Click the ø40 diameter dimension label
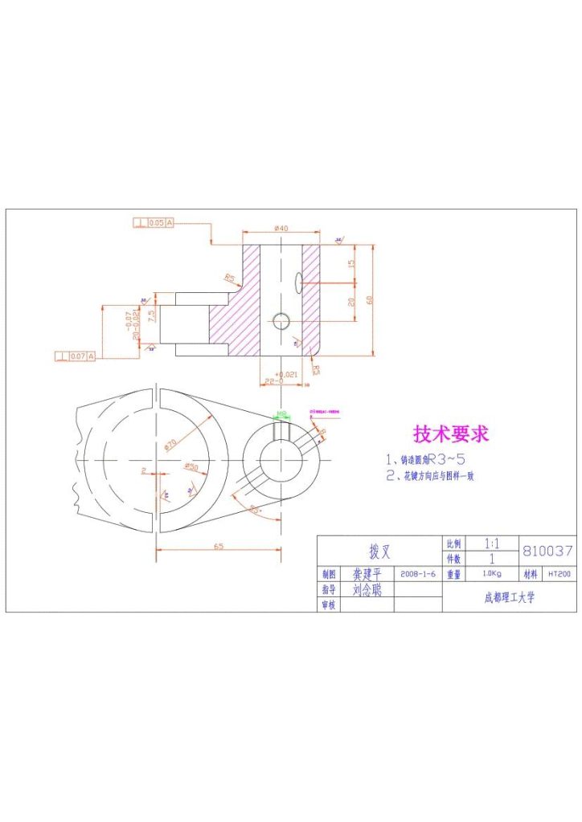click(281, 229)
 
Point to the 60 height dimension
click(370, 299)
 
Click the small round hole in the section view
click(281, 321)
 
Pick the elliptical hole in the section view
click(298, 281)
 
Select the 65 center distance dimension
click(218, 546)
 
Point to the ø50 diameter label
click(191, 466)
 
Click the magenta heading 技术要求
click(450, 434)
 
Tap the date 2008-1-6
click(417, 575)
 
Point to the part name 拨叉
click(379, 551)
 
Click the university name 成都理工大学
click(508, 597)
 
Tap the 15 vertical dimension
click(350, 263)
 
